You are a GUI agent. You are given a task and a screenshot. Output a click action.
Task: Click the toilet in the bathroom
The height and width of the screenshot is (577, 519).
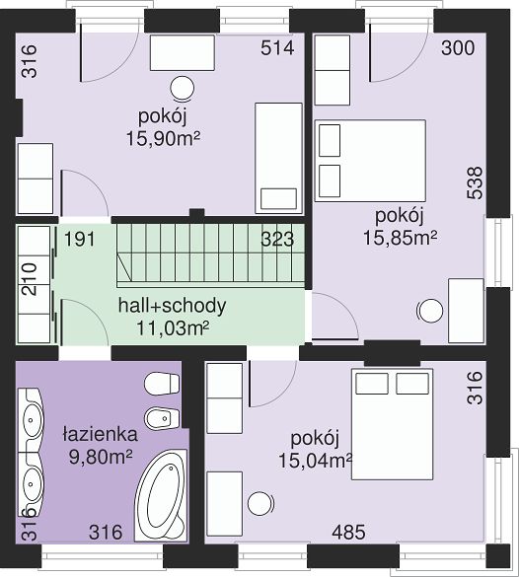[x=162, y=384]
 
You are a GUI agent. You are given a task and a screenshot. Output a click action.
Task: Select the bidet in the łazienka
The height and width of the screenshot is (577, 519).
[x=163, y=418]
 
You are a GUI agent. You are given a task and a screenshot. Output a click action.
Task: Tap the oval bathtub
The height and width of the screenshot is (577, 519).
[x=162, y=494]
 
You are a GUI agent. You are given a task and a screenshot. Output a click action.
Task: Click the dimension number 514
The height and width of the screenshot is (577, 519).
[x=277, y=48]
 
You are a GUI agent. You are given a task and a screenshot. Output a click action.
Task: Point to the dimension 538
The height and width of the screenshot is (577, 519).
[x=475, y=182]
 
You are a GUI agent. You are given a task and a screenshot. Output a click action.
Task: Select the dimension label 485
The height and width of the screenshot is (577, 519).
[x=348, y=532]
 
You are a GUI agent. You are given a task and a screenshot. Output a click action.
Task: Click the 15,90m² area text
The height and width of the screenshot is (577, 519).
[x=163, y=139]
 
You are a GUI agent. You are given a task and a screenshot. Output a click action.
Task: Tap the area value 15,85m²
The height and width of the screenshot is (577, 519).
[x=401, y=238]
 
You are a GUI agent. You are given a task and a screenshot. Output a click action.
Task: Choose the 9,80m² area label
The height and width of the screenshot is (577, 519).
[x=101, y=457]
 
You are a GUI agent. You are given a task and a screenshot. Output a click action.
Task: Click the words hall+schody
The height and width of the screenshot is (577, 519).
[x=172, y=306]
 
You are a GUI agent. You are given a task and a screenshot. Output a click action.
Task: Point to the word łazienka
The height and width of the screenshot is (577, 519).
[x=101, y=434]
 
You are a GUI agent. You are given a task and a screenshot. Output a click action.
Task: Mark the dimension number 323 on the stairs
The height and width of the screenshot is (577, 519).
[x=277, y=240]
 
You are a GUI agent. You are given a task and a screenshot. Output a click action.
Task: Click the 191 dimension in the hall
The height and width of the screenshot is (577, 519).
[x=80, y=239]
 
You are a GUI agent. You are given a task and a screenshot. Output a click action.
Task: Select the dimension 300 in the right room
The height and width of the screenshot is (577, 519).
[x=458, y=48]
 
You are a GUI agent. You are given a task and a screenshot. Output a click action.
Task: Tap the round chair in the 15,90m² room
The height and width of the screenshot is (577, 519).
[x=182, y=89]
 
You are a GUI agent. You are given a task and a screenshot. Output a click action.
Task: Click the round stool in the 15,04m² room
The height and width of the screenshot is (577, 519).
[x=260, y=503]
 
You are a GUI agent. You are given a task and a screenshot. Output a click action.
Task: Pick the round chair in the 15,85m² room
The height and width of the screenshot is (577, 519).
[x=429, y=312]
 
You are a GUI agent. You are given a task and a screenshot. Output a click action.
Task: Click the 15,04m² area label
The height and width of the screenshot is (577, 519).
[x=316, y=461]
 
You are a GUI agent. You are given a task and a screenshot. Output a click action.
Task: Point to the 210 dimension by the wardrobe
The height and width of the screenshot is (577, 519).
[x=30, y=279]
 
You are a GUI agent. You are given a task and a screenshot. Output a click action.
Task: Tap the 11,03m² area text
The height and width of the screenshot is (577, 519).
[x=173, y=328]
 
